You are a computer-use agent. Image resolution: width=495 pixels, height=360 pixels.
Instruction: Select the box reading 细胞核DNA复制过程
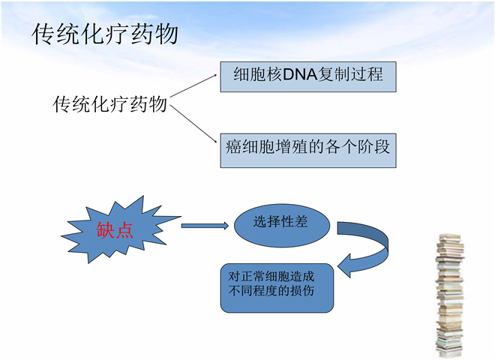tap(307, 76)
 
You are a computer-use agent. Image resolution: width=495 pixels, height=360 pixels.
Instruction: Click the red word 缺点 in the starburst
tap(115, 229)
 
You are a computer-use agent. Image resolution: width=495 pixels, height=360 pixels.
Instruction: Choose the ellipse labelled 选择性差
tap(281, 223)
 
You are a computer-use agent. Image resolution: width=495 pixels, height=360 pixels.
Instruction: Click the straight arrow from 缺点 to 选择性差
tap(204, 225)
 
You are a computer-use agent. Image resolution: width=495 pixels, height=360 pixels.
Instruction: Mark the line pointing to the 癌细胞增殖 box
tap(194, 122)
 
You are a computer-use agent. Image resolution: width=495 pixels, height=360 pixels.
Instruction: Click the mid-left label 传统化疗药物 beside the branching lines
tap(109, 103)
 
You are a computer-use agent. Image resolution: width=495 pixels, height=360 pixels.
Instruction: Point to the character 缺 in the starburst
tap(106, 229)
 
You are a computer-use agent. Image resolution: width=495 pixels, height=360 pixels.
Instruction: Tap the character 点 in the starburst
tap(125, 229)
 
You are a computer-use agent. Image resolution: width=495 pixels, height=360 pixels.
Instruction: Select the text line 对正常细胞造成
tap(265, 276)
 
